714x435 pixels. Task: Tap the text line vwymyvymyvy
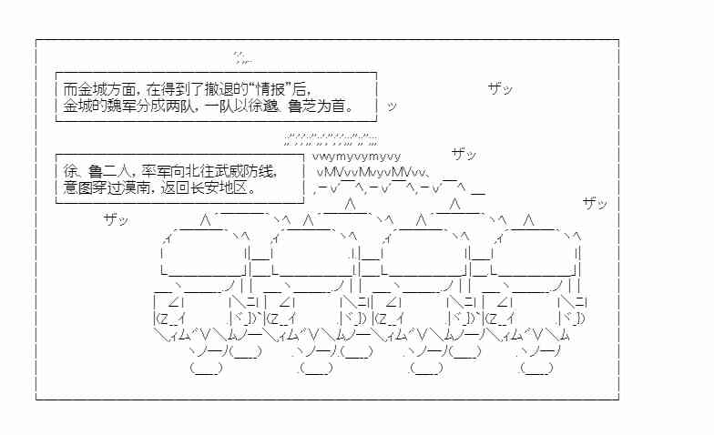(356, 156)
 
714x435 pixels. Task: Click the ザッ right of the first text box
(500, 89)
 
